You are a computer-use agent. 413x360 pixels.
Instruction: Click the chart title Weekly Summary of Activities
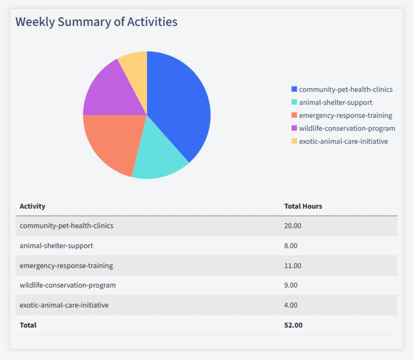coord(96,22)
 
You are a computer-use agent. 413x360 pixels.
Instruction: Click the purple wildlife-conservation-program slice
coord(108,92)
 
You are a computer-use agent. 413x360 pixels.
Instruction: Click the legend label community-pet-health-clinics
coord(345,89)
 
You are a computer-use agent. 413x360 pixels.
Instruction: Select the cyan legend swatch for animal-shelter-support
coord(294,102)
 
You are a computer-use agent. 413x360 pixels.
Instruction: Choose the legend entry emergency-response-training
coord(345,115)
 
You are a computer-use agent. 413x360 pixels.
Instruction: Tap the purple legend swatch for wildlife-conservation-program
coord(294,128)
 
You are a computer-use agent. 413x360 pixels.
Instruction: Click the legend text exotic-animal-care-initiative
coord(343,141)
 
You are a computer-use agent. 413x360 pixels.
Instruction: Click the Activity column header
coord(32,206)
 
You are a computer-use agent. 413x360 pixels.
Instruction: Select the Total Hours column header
coord(303,206)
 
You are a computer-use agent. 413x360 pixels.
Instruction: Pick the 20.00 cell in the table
coord(292,225)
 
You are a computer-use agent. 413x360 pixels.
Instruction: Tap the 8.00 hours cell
coord(291,245)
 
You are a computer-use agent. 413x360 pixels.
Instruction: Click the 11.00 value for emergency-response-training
coord(292,265)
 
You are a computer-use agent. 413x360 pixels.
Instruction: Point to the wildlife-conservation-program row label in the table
coord(68,285)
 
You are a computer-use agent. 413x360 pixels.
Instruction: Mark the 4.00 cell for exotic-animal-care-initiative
coord(291,305)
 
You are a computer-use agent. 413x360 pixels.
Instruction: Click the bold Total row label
coord(28,325)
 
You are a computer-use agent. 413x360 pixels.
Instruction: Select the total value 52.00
coord(293,325)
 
